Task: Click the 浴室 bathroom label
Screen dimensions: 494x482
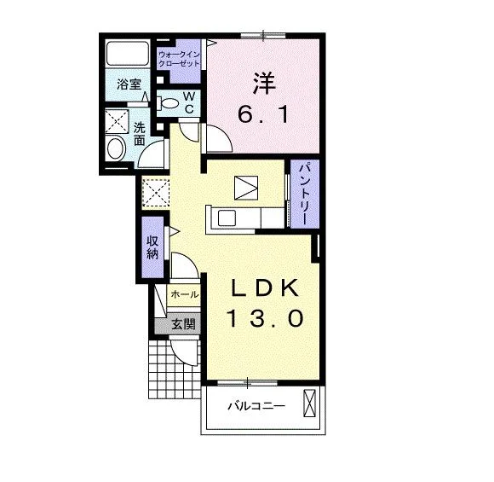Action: click(x=129, y=84)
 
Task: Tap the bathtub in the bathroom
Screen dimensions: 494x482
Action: click(x=127, y=54)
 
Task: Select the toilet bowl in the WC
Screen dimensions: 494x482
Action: click(x=169, y=103)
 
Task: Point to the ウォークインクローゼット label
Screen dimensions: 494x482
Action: click(x=179, y=59)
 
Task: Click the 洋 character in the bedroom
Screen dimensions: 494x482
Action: click(x=264, y=84)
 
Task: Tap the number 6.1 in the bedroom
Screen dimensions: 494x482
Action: click(x=263, y=114)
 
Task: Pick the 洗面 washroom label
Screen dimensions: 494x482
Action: click(x=139, y=134)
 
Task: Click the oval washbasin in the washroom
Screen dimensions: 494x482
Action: click(x=116, y=148)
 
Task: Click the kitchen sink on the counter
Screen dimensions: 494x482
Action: click(x=227, y=218)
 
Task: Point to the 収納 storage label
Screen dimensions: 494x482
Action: click(x=152, y=247)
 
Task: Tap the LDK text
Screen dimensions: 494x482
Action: click(x=265, y=287)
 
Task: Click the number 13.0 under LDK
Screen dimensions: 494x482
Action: click(x=265, y=317)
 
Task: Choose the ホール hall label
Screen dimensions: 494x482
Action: click(x=185, y=295)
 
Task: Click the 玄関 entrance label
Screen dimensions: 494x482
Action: click(x=183, y=324)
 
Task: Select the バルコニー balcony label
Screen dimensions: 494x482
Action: click(x=256, y=405)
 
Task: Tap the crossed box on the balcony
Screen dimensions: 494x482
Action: click(x=309, y=403)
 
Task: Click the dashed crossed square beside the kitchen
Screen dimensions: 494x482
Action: click(x=156, y=193)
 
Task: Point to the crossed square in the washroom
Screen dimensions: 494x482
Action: click(x=117, y=121)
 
